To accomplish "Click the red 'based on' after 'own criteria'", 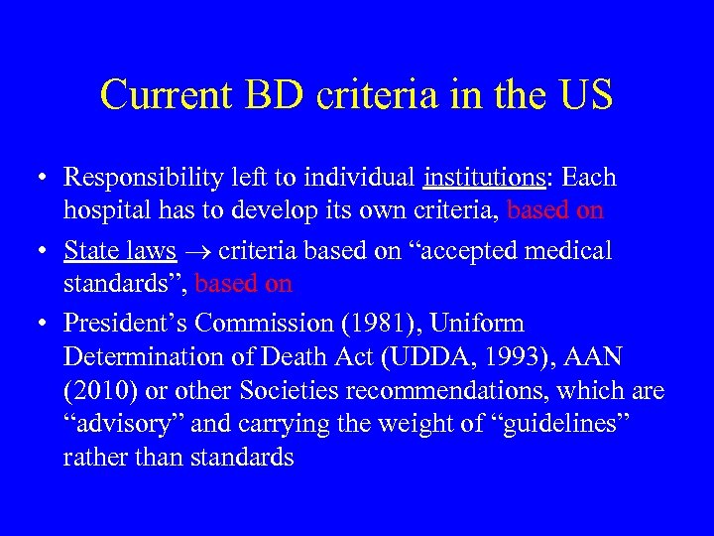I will click(555, 210).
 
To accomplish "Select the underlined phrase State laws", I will click(120, 250).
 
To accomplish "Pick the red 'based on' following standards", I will click(244, 283).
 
